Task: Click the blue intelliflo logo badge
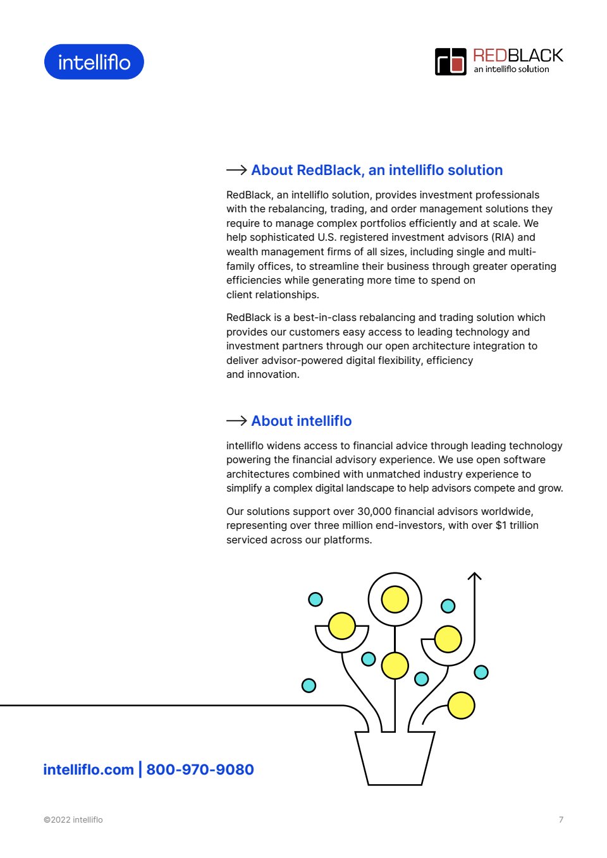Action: tap(94, 62)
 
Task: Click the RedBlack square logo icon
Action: tap(450, 62)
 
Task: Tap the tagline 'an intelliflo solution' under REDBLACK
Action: tap(512, 69)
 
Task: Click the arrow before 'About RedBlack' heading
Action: tap(236, 170)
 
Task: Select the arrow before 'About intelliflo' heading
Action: tap(236, 421)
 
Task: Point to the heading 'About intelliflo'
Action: tap(301, 421)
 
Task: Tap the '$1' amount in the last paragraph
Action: tap(501, 525)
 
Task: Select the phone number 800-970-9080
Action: tap(200, 770)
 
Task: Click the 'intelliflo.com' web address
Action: tap(89, 770)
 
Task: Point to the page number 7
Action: tap(561, 819)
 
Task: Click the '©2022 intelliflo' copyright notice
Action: tap(73, 819)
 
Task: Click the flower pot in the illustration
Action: tap(395, 758)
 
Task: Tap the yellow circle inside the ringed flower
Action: tap(395, 599)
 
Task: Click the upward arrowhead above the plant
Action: tap(474, 576)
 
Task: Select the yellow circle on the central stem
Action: tap(395, 666)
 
